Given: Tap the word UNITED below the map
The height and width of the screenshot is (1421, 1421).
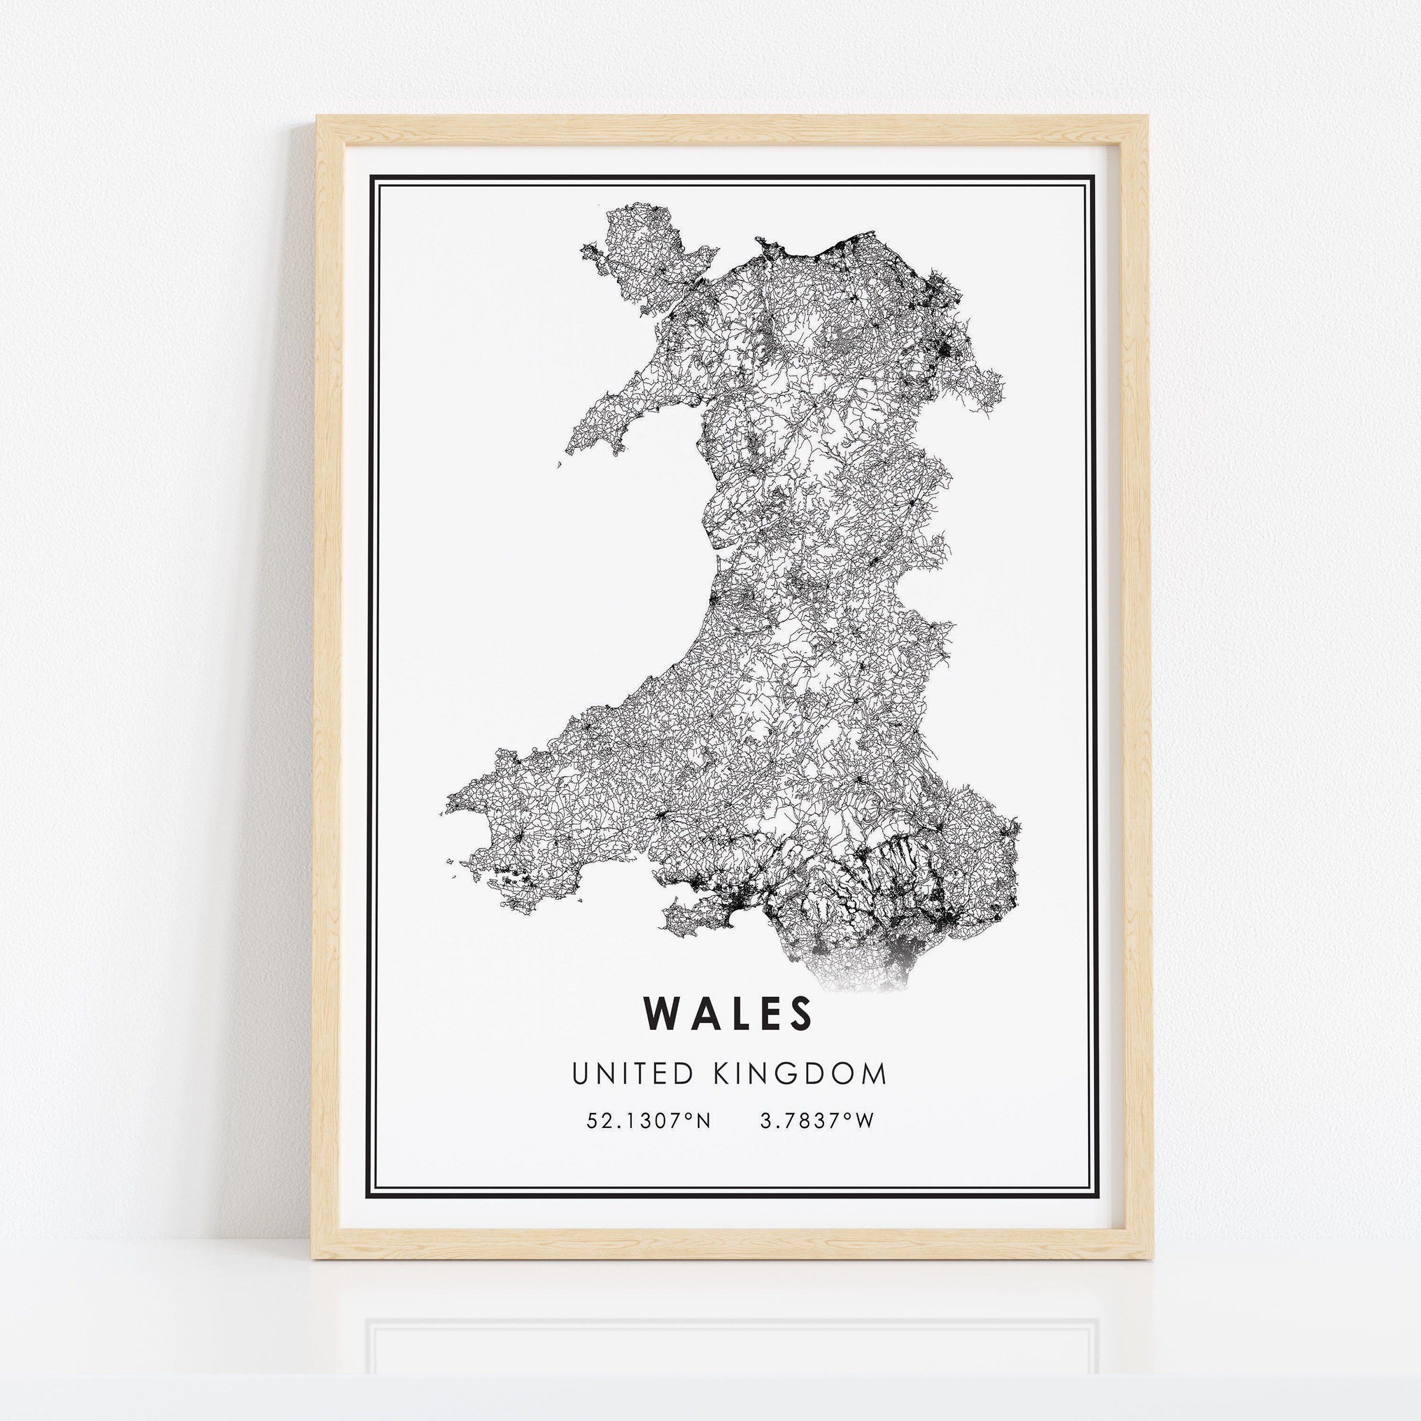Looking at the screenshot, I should point(632,1074).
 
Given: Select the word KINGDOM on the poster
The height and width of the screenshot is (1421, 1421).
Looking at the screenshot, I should point(800,1074).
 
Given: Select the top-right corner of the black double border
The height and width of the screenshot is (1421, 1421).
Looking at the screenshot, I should point(1095,177).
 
